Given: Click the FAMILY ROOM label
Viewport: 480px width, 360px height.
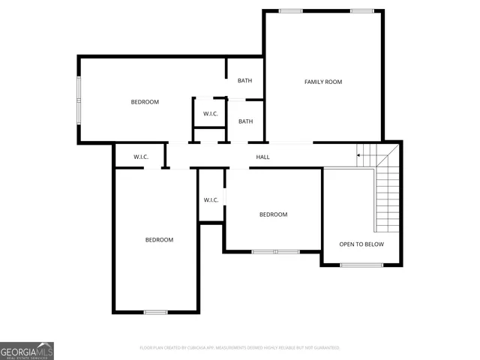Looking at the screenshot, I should (x=322, y=82).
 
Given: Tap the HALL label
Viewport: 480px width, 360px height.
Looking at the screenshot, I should (x=262, y=157).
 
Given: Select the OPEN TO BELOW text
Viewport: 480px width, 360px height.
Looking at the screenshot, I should (x=361, y=244).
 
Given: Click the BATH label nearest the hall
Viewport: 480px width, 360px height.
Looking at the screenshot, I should (x=245, y=121).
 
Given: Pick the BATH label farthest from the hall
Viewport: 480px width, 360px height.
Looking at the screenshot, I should (x=245, y=81).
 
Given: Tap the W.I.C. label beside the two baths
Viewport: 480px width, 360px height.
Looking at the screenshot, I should (x=210, y=114).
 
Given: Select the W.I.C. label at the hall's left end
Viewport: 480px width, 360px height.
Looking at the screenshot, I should (x=141, y=157).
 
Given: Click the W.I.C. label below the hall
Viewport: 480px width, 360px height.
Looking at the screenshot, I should (x=211, y=199).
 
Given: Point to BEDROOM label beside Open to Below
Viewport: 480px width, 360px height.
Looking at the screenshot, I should (x=273, y=214).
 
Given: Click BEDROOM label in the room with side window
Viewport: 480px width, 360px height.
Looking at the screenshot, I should (x=145, y=102).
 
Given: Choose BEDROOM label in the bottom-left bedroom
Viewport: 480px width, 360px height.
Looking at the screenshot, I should (x=159, y=240).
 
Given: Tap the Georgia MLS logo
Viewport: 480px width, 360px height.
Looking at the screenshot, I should (x=27, y=351).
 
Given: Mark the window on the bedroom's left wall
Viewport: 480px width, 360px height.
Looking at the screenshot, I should (x=79, y=100).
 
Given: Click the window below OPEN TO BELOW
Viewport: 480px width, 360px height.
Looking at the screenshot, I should (x=361, y=265).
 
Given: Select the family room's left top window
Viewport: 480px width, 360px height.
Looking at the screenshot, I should (x=290, y=10).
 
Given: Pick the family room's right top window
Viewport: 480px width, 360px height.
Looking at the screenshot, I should (x=361, y=10).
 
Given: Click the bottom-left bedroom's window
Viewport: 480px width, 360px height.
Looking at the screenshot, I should (x=155, y=312).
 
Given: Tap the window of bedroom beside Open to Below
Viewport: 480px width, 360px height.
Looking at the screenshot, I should (x=275, y=252).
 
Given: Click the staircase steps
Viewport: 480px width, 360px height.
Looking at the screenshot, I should (x=386, y=195).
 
